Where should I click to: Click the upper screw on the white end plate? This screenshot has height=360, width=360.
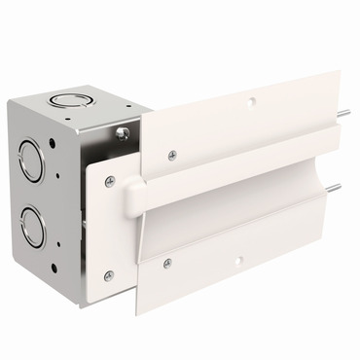click(x=109, y=182)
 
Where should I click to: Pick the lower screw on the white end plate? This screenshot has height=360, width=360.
click(x=109, y=275)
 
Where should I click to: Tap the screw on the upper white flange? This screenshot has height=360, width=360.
click(x=172, y=153)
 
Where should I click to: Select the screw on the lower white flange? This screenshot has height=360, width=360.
click(x=167, y=263)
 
